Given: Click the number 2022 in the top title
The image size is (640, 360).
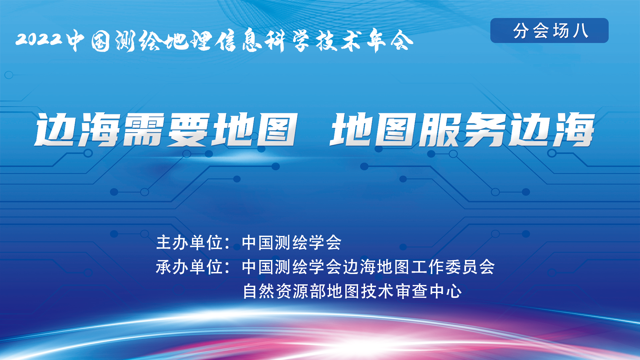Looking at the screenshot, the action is coord(39,39).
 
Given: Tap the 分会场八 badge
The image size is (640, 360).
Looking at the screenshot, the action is coord(549,30).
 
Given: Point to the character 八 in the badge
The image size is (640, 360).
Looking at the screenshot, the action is coord(580,31).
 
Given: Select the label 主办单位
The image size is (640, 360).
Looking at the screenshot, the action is coord(189,242).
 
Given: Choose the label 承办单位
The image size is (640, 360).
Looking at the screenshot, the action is coord(189,267).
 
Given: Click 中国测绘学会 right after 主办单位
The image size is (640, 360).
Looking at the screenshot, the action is coord(292,242).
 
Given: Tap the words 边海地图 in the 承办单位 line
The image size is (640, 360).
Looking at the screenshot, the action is coord(376,267).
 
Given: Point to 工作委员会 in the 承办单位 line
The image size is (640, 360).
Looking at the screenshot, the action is coord(453,267).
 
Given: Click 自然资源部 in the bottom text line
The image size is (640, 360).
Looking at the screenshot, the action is coord(284,291).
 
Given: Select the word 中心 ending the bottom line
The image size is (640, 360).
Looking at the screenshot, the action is coord(446,291).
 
